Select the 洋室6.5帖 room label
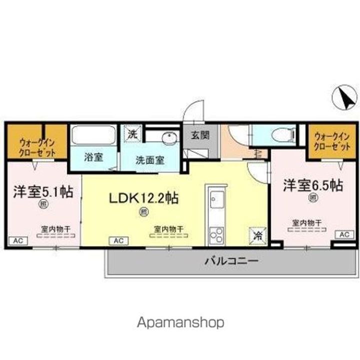(313, 185)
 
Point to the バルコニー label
(230, 260)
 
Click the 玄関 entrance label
(199, 134)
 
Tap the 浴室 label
(93, 157)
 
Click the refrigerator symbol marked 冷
(258, 233)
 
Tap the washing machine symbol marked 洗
(132, 133)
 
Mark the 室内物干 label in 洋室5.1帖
(55, 229)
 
